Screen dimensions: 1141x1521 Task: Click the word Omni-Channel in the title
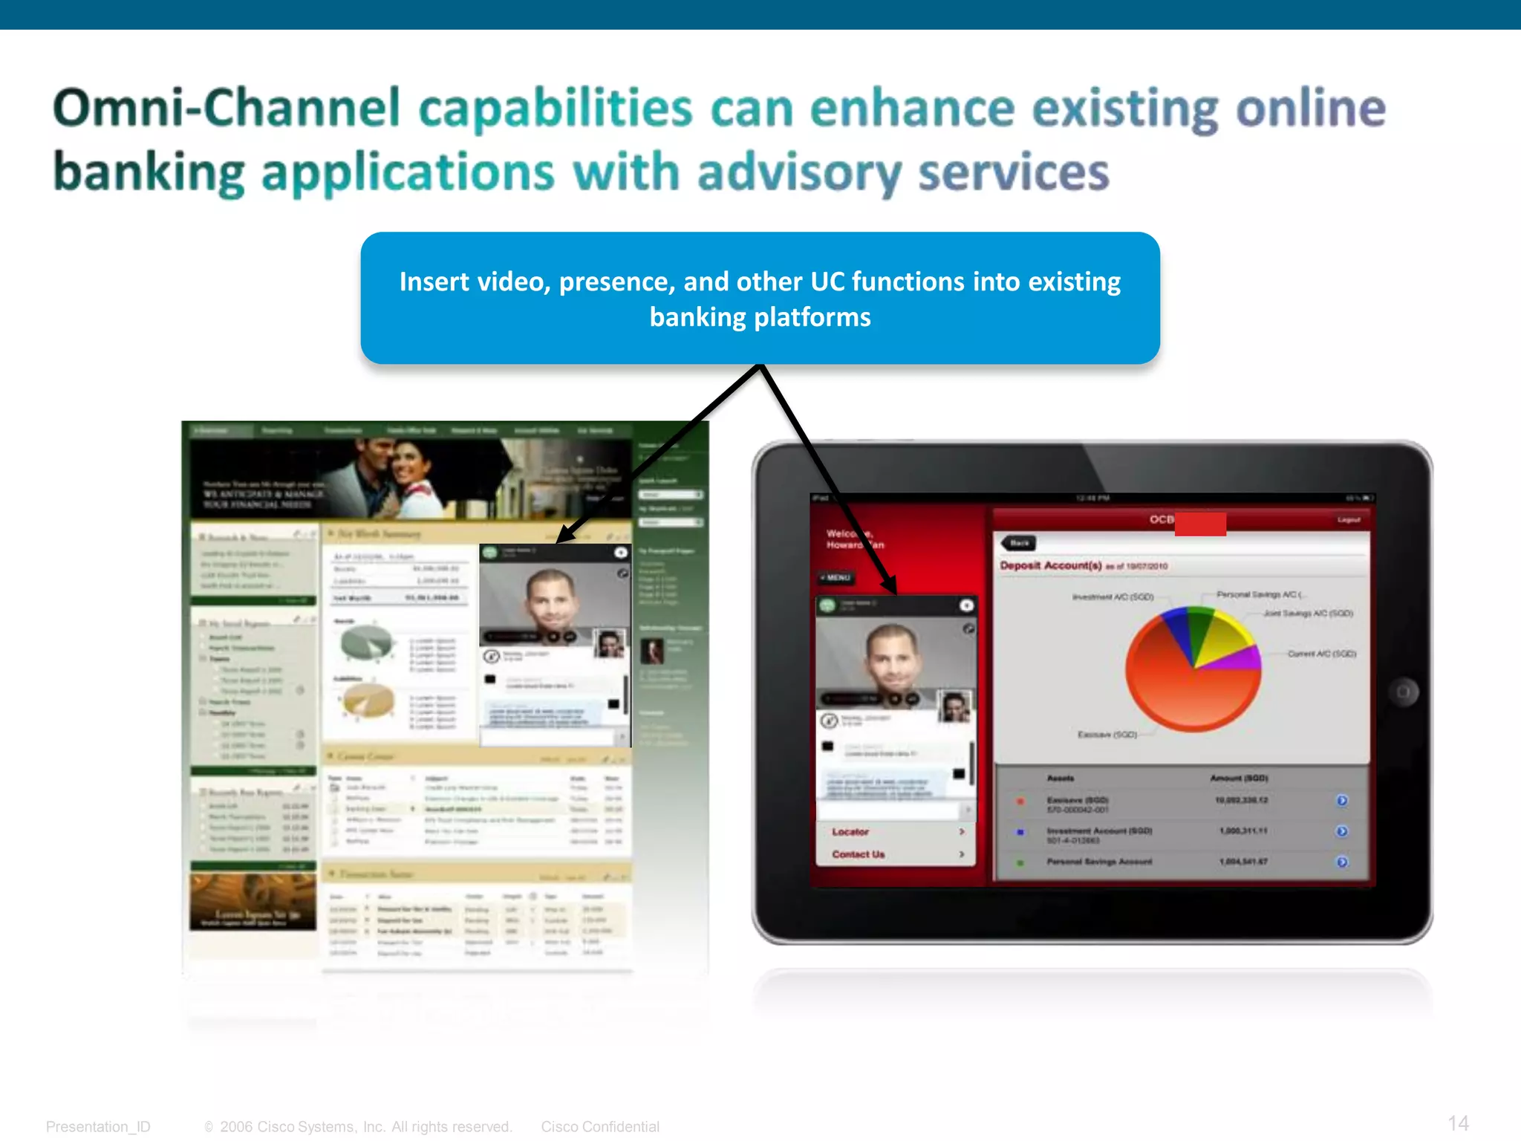pyautogui.click(x=227, y=109)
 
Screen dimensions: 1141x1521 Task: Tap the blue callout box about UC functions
pyautogui.click(x=760, y=299)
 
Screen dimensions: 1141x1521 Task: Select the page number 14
pyautogui.click(x=1458, y=1123)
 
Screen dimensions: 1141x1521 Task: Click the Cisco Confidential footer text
pyautogui.click(x=600, y=1126)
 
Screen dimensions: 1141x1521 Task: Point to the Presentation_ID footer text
pyautogui.click(x=98, y=1126)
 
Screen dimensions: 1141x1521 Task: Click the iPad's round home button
pyautogui.click(x=1403, y=692)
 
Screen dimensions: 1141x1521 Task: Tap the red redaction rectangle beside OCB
pyautogui.click(x=1200, y=524)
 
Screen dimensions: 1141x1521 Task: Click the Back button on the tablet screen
pyautogui.click(x=1019, y=543)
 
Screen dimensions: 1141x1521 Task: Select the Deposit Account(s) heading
pyautogui.click(x=1050, y=565)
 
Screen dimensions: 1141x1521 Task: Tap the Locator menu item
pyautogui.click(x=851, y=832)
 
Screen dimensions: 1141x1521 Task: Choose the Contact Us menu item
pyautogui.click(x=859, y=854)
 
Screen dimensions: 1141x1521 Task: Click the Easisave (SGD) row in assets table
pyautogui.click(x=1078, y=801)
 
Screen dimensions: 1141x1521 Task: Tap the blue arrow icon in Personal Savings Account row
pyautogui.click(x=1341, y=862)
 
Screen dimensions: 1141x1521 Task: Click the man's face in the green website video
pyautogui.click(x=551, y=598)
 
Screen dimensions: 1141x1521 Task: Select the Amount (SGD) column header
pyautogui.click(x=1239, y=778)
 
